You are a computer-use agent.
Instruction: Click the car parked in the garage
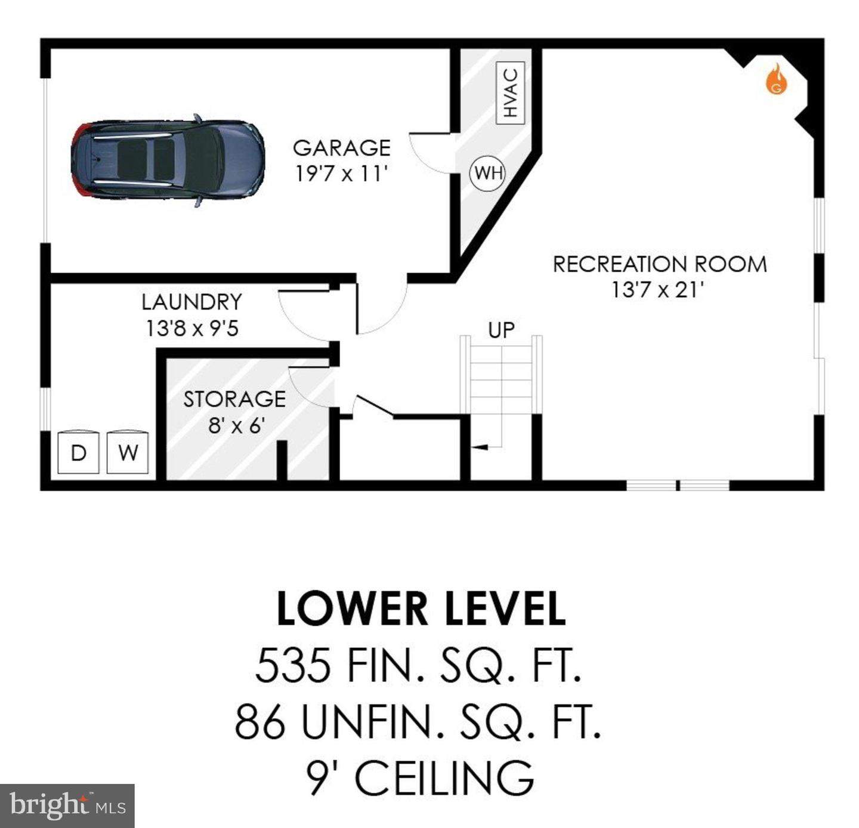click(x=168, y=160)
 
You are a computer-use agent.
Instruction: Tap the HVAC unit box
click(x=511, y=92)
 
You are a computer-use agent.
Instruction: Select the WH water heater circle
click(x=488, y=173)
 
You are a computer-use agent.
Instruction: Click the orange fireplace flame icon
click(x=776, y=80)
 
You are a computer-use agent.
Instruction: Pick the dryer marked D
click(x=78, y=452)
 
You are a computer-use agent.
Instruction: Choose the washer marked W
click(x=128, y=452)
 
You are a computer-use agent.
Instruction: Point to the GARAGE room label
click(x=342, y=148)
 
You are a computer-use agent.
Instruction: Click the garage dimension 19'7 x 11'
click(x=342, y=174)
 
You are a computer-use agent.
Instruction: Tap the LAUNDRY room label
click(x=191, y=302)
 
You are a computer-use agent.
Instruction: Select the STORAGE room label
click(x=234, y=399)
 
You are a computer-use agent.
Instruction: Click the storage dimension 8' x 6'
click(x=236, y=425)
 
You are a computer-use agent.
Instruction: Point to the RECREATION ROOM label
click(x=660, y=264)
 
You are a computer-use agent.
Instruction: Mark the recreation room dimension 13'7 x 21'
click(x=658, y=290)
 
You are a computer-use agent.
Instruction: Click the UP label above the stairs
click(x=501, y=330)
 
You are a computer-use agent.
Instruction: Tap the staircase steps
click(x=501, y=376)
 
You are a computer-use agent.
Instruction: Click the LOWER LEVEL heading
click(x=421, y=609)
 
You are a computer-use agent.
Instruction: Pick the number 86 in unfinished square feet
click(x=260, y=721)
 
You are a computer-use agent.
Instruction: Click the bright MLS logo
click(x=67, y=806)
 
